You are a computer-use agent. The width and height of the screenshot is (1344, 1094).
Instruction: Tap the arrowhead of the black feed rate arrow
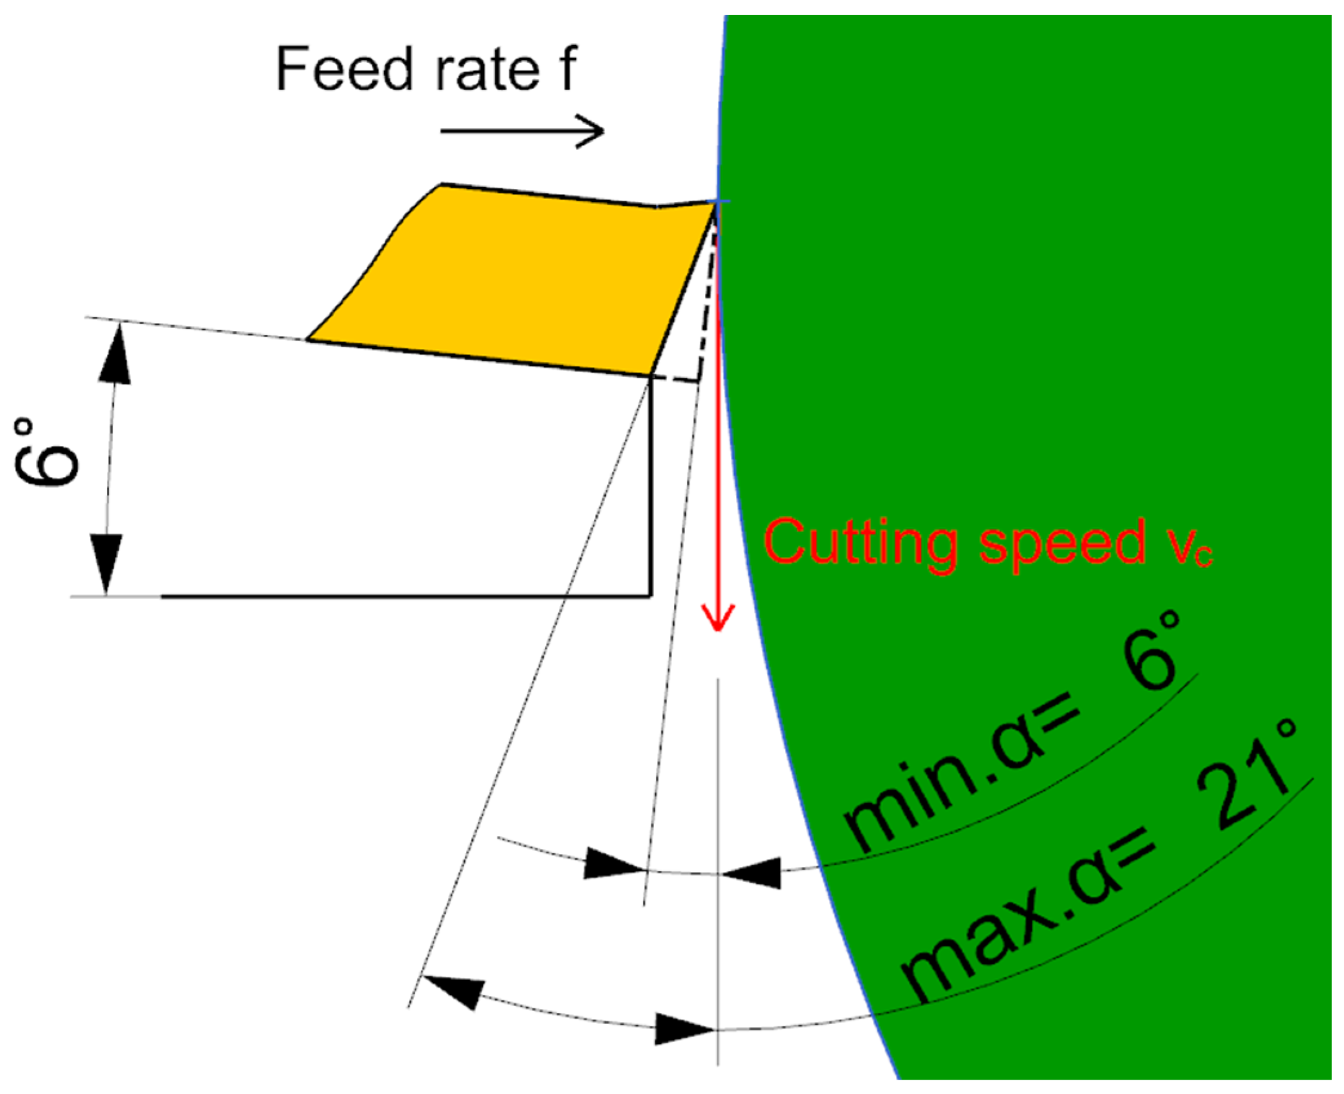click(592, 132)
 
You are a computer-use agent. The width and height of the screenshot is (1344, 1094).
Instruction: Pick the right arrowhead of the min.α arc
click(753, 873)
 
